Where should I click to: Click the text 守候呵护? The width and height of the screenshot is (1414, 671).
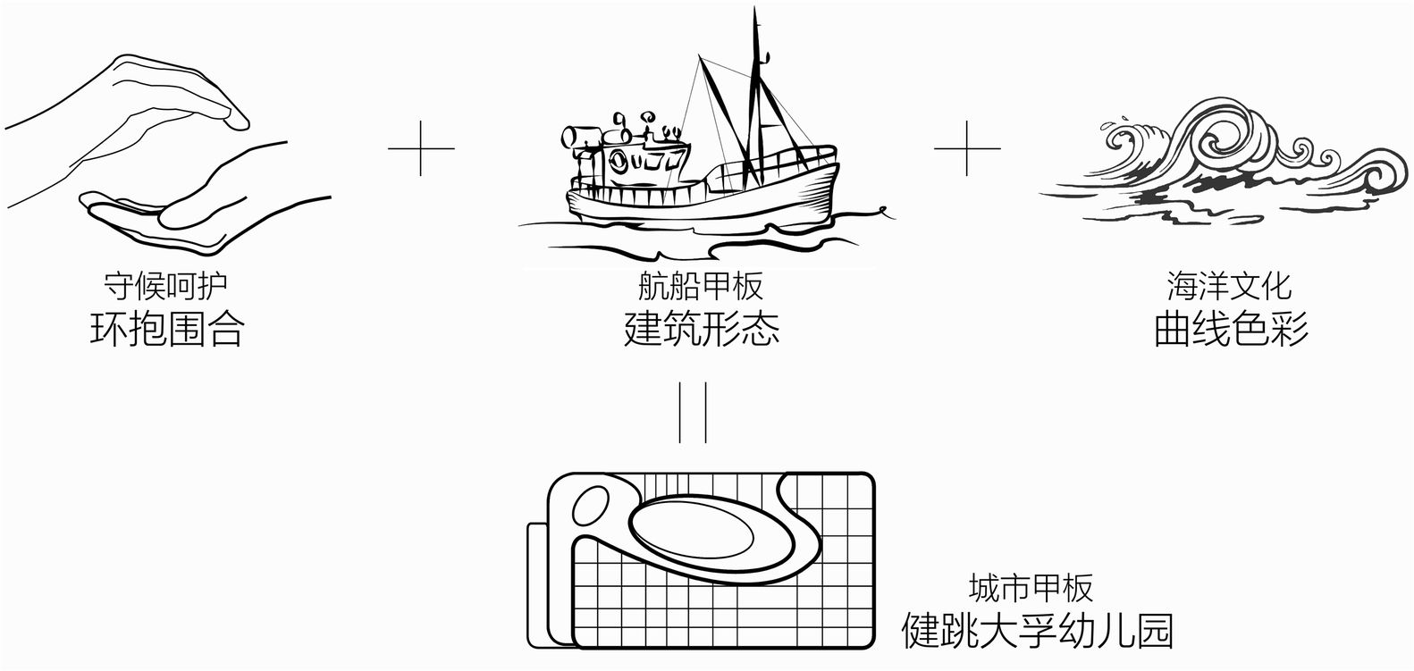166,286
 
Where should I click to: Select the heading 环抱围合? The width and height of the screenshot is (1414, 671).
166,329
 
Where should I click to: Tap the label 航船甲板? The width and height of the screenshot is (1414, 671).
700,286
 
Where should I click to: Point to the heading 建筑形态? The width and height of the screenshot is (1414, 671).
701,329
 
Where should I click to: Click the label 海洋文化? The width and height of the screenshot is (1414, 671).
1229,286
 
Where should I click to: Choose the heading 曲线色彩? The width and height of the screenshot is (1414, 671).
1231,329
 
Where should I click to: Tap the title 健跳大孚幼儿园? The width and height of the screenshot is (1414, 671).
1037,631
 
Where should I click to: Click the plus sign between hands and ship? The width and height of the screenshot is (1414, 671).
421,147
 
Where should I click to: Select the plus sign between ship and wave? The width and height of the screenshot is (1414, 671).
967,147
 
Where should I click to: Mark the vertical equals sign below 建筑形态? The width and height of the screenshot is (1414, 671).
694,412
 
